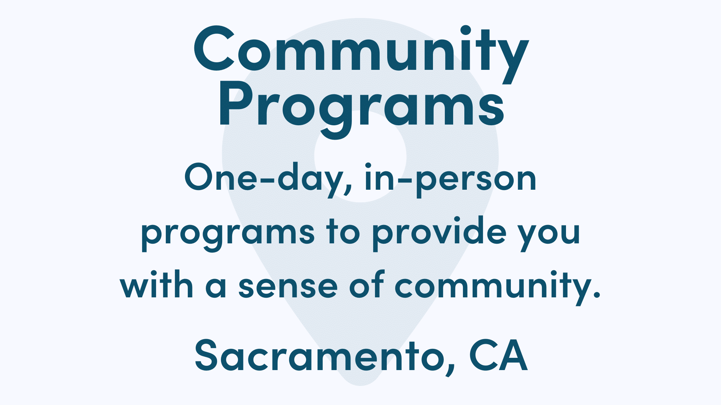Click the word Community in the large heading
[360, 50]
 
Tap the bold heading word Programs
[360, 106]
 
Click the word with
[157, 286]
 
